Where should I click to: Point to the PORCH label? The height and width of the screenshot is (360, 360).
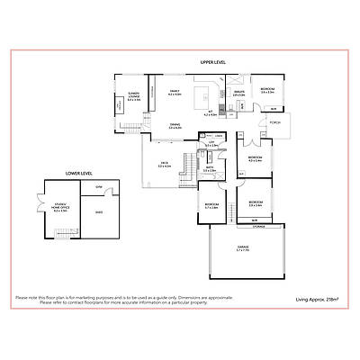(x=274, y=121)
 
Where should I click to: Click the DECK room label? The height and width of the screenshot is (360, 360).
(x=164, y=165)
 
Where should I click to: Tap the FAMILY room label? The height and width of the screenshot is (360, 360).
(x=176, y=91)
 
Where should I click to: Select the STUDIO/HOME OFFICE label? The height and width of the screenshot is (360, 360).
(x=61, y=206)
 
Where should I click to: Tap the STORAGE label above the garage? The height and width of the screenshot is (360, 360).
(x=258, y=225)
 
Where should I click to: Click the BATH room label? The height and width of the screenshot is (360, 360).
(x=209, y=167)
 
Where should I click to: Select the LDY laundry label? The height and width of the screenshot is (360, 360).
(x=211, y=143)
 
